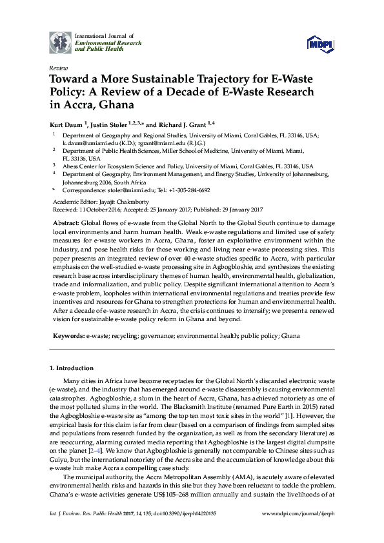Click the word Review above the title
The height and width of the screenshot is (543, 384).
[x=58, y=68]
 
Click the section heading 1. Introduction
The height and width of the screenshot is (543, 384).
[x=71, y=368]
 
